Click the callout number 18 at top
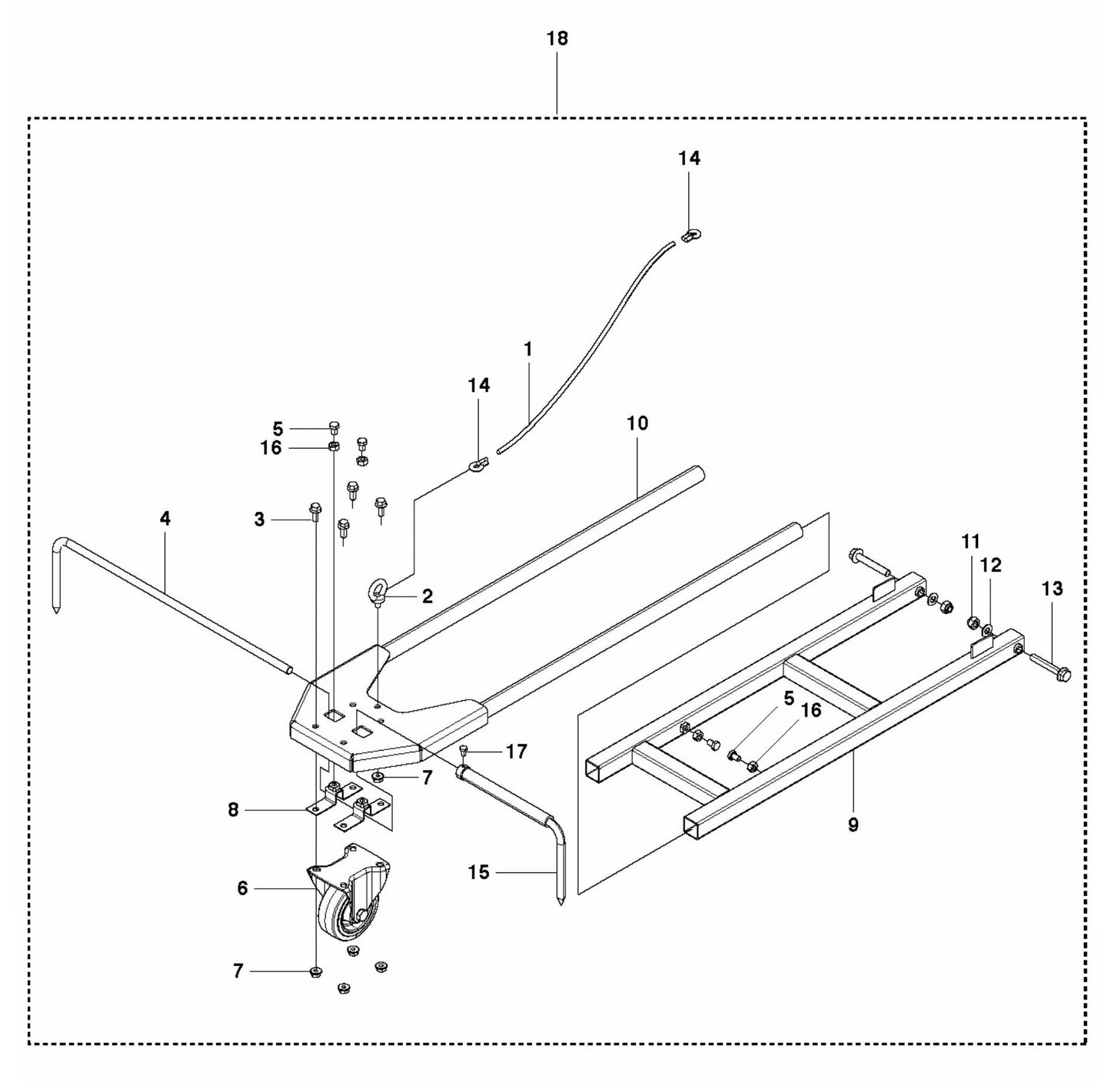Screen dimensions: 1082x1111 pyautogui.click(x=557, y=38)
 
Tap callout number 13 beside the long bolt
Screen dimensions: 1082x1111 pyautogui.click(x=1052, y=589)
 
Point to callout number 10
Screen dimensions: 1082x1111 pyautogui.click(x=637, y=423)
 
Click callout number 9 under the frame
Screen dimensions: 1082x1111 pyautogui.click(x=853, y=825)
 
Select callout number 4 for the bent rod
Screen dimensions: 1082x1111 pyautogui.click(x=165, y=519)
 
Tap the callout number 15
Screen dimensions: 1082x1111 pyautogui.click(x=478, y=872)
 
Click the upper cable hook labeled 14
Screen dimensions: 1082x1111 pyautogui.click(x=690, y=234)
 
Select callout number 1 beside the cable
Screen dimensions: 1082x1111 pyautogui.click(x=527, y=349)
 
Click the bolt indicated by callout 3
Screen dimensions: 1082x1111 pyautogui.click(x=314, y=509)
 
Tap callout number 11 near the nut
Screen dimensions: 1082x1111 pyautogui.click(x=971, y=543)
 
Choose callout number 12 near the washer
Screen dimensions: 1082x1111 pyautogui.click(x=992, y=565)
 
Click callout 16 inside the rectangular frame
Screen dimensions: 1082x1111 pyautogui.click(x=810, y=710)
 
